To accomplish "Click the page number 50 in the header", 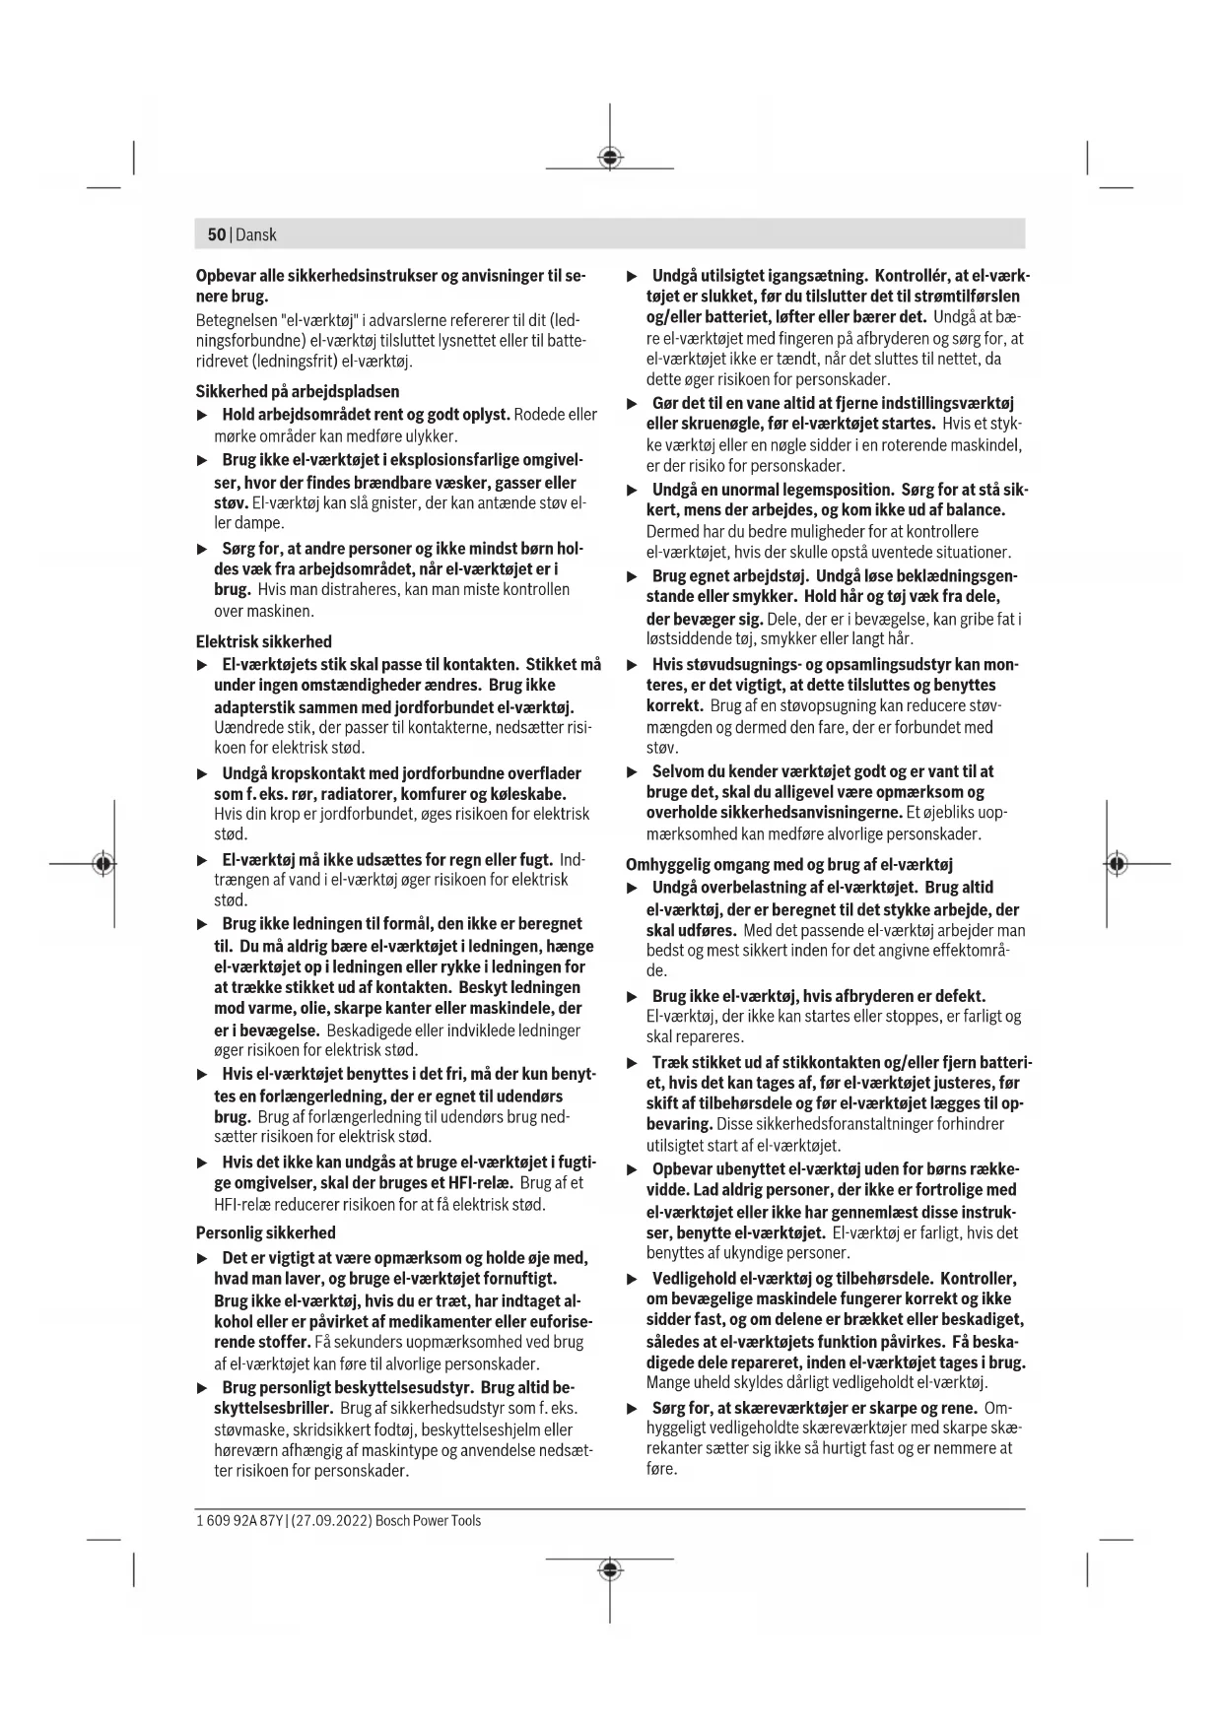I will click(x=216, y=234).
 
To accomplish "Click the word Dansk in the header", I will click(x=256, y=234).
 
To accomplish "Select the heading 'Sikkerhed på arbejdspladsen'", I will click(x=297, y=391).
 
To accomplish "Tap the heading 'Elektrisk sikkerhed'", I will click(x=263, y=641).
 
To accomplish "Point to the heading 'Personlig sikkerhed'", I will click(x=265, y=1232).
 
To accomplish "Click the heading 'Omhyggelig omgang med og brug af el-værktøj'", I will click(x=788, y=864).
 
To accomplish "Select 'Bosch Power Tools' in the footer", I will click(x=428, y=1520).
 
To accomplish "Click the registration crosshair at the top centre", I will click(x=610, y=158).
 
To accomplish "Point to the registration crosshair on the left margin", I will click(x=102, y=863).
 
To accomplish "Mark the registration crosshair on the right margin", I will click(x=1116, y=863).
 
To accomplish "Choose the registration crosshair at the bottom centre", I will click(x=610, y=1568).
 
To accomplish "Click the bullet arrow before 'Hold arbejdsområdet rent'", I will click(x=203, y=415).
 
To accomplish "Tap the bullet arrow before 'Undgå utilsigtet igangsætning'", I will click(x=634, y=276).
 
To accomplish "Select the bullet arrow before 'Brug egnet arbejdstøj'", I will click(x=634, y=576).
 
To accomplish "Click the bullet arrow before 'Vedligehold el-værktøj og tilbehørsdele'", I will click(x=634, y=1279).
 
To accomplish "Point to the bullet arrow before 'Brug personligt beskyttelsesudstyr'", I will click(x=203, y=1388).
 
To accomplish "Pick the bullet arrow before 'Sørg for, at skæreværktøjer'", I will click(x=634, y=1408).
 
